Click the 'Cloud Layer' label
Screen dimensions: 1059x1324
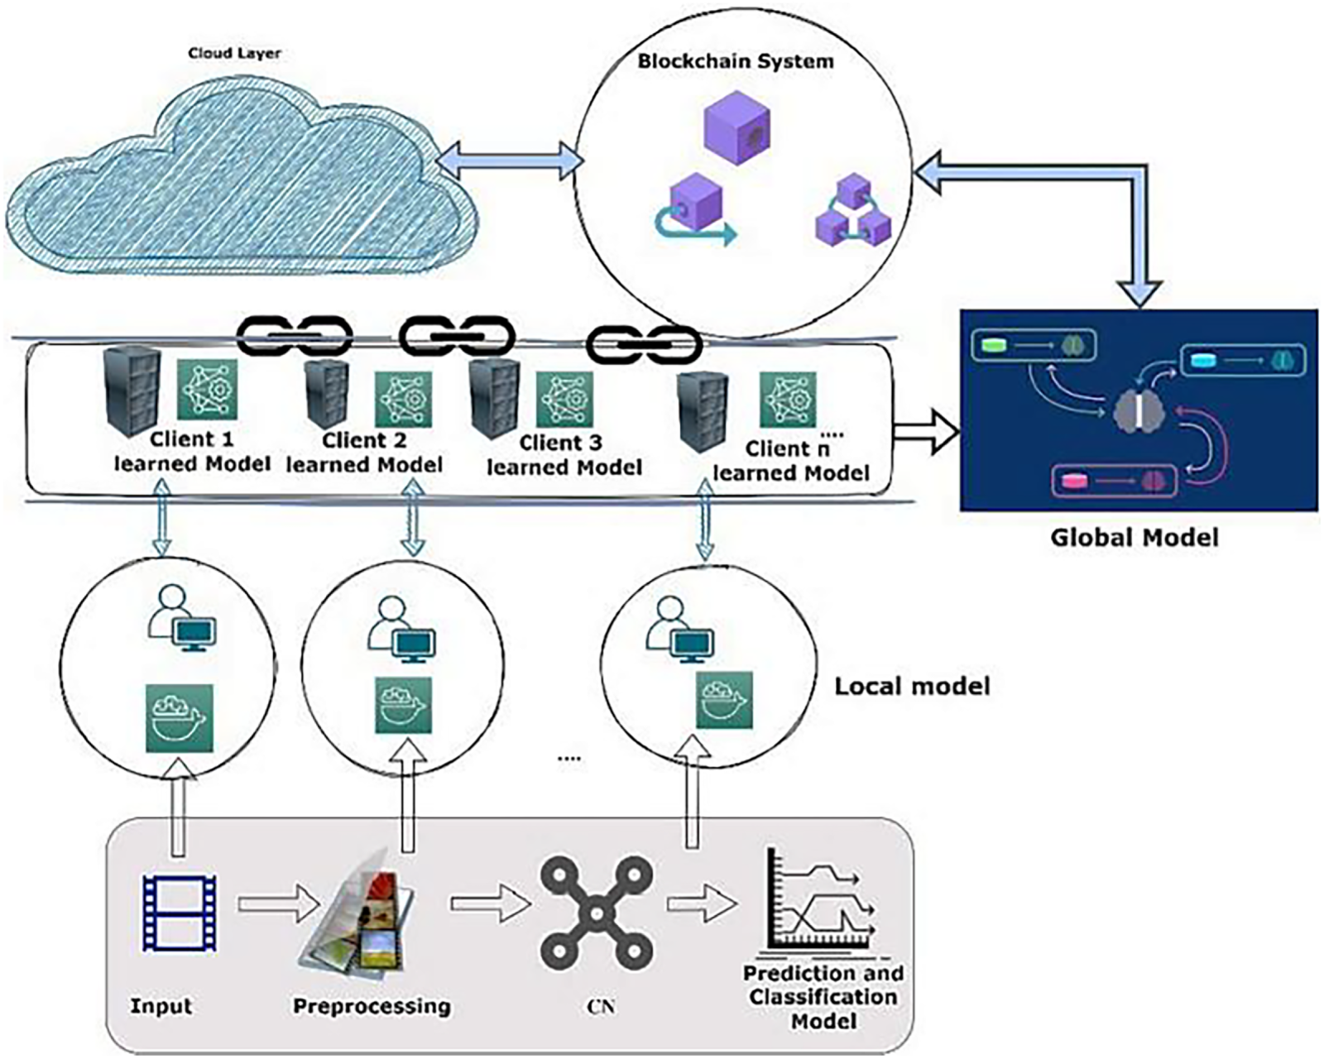click(234, 54)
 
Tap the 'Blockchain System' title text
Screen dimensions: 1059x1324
click(735, 61)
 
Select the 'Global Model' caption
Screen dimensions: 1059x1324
click(1135, 538)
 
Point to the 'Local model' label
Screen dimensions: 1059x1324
click(912, 686)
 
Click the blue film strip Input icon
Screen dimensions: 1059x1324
click(180, 913)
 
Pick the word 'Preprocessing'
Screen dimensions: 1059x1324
click(372, 1006)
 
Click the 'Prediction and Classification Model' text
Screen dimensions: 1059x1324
click(823, 996)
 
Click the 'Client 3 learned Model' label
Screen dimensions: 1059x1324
click(564, 455)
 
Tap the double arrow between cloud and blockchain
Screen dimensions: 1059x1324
click(509, 160)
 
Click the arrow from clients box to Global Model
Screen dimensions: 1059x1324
click(928, 431)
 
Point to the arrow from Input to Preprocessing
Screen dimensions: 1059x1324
click(278, 903)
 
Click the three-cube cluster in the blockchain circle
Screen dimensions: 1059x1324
click(852, 211)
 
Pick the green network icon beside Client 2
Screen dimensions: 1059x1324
click(404, 398)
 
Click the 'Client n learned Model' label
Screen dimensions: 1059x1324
click(790, 461)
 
